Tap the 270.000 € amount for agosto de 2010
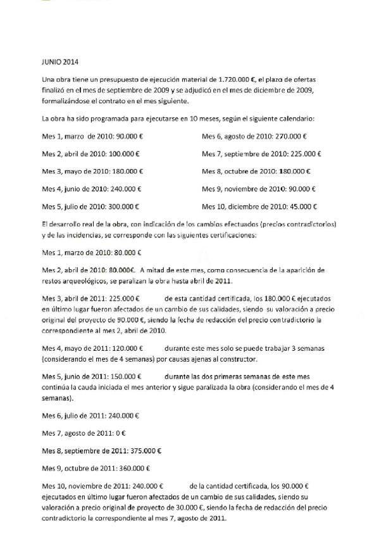click(x=292, y=136)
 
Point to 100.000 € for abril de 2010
click(x=124, y=154)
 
